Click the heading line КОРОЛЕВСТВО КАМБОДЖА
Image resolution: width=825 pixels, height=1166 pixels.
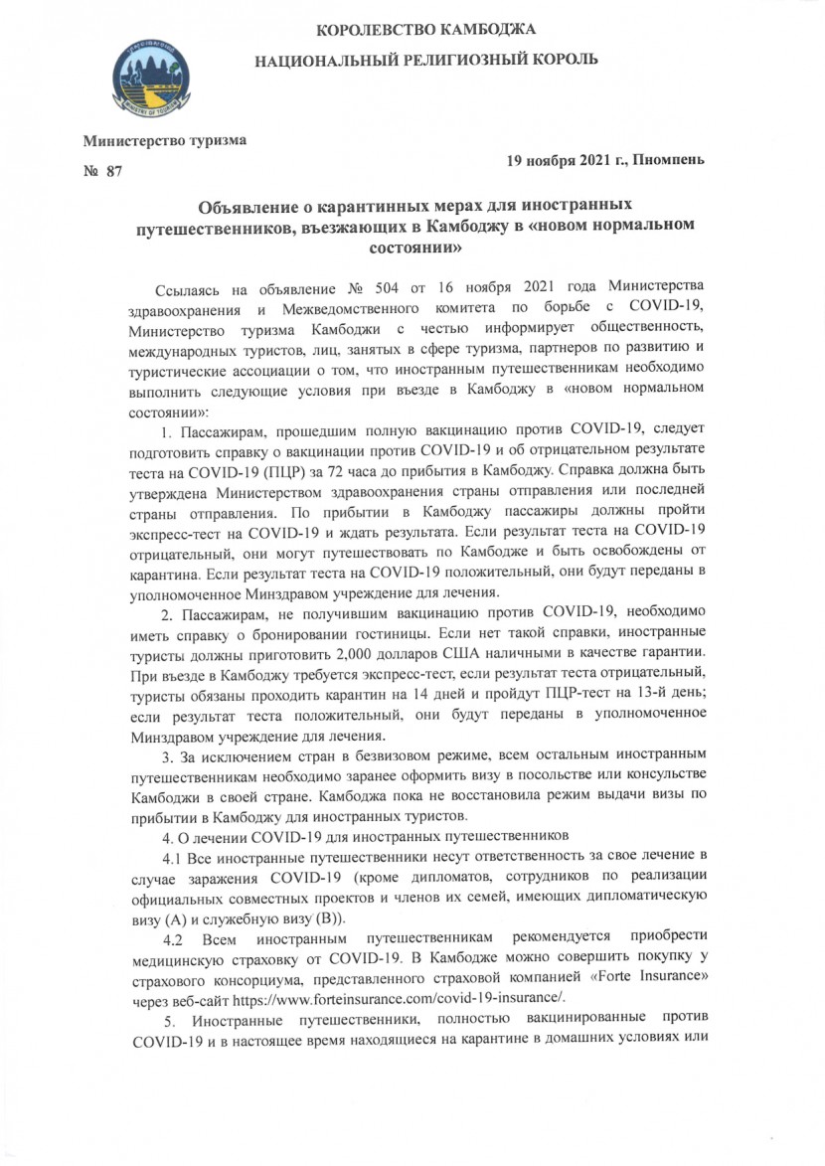[426, 24]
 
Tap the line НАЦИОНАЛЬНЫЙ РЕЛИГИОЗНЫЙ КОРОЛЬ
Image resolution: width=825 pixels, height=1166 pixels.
[426, 60]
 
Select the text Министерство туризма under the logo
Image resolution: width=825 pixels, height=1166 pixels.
[164, 140]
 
